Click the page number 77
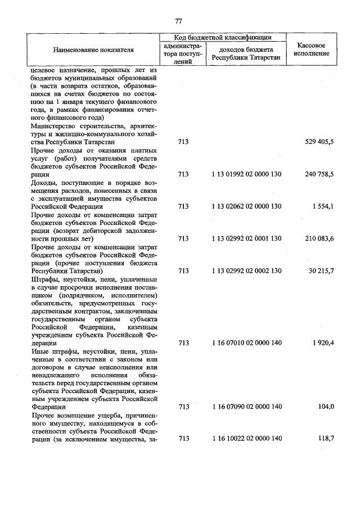click(x=178, y=21)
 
